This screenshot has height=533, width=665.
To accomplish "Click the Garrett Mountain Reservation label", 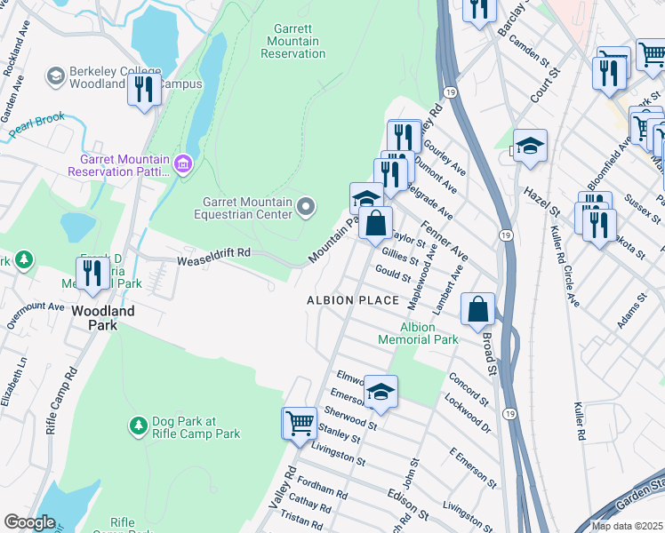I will tap(293, 41).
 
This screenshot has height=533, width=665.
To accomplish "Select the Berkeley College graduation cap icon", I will tap(56, 76).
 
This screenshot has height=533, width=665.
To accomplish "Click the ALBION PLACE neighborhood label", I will tap(353, 300).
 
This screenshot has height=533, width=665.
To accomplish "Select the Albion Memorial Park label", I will tap(418, 333).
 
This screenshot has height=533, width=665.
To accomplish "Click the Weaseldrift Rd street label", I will tap(212, 253).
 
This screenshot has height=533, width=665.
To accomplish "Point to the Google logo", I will tap(29, 522).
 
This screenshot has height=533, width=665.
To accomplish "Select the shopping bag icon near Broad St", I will tap(477, 309).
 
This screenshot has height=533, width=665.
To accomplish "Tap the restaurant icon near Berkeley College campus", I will tap(142, 89).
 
